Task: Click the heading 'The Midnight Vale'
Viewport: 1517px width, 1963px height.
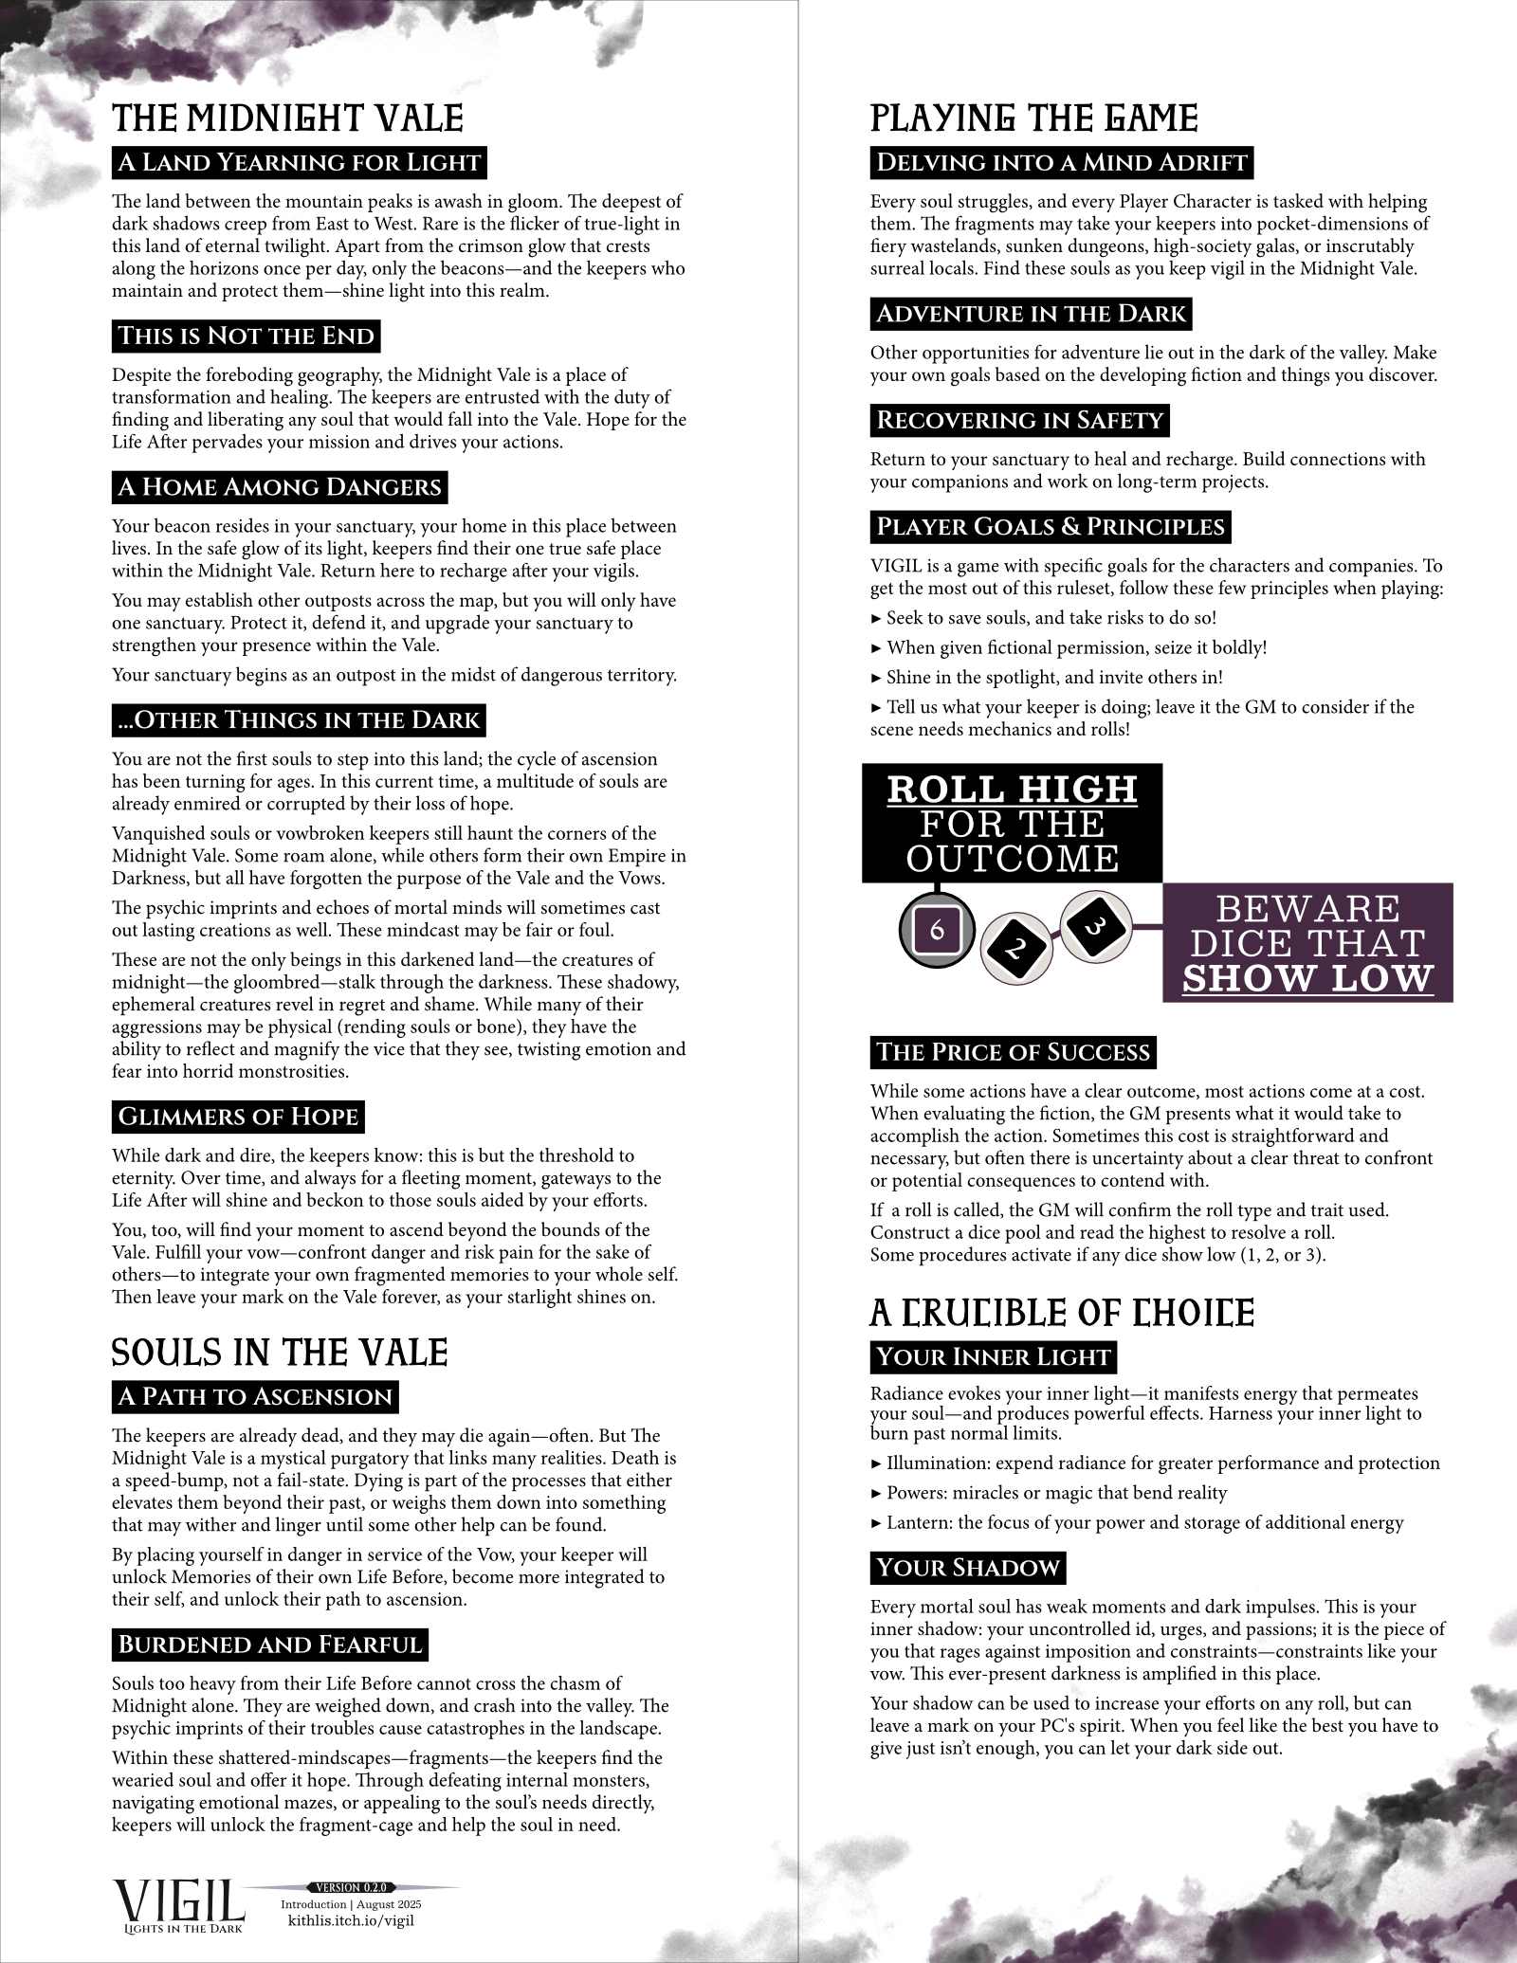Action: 287,118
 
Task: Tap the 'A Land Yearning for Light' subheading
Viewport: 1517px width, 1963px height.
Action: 299,162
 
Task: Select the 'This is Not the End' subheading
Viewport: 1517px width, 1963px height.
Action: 246,336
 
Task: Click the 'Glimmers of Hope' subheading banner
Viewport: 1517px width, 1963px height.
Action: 238,1117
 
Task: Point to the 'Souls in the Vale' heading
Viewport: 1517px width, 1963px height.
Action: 280,1353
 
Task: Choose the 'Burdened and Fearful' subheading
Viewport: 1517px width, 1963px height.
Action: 269,1644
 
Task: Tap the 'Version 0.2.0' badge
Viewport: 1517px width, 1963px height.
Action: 351,1887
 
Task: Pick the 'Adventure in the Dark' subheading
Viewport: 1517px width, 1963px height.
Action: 1031,314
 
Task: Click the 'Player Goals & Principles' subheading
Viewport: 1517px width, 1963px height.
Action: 1051,526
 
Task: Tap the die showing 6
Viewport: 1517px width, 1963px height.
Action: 937,930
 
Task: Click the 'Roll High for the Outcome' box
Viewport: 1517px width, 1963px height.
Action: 1012,823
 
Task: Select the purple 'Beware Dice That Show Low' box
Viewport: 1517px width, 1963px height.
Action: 1307,943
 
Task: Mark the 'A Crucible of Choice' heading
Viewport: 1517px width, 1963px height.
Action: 1062,1313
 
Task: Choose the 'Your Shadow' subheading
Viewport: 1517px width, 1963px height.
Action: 968,1568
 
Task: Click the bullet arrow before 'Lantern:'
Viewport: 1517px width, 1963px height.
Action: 875,1523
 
